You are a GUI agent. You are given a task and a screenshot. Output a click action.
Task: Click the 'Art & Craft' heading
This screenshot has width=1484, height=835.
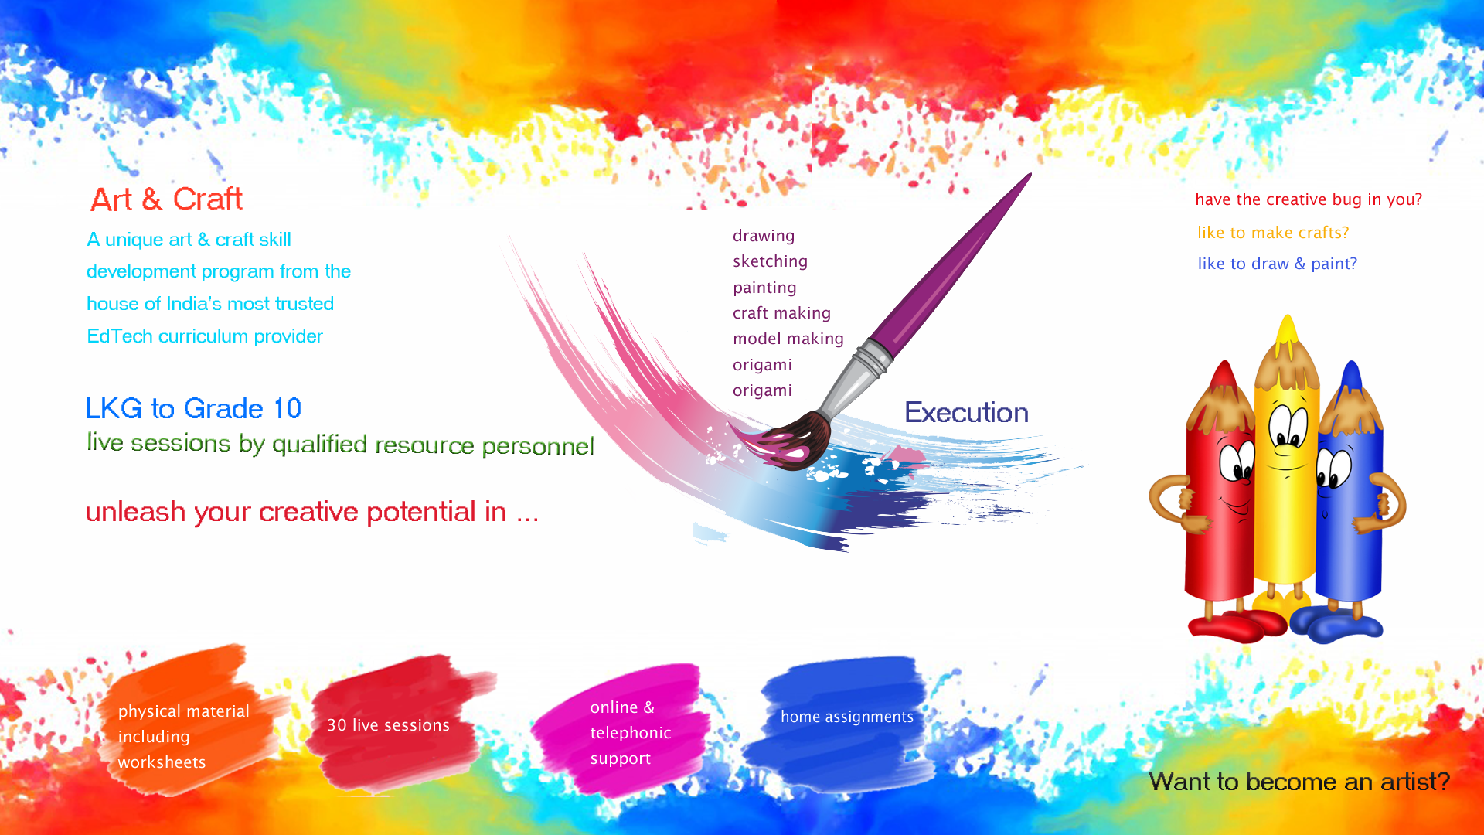[166, 199]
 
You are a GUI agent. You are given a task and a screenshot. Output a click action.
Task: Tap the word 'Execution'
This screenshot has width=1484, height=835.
[966, 413]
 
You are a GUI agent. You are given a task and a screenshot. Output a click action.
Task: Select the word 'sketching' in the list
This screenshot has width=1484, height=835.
[770, 261]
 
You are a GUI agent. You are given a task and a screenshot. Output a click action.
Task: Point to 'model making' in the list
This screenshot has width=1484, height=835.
[788, 339]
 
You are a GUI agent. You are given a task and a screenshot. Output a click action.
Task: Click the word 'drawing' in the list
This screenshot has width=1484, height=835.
[764, 236]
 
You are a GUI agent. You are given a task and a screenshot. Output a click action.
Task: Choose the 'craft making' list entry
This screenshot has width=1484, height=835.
[781, 313]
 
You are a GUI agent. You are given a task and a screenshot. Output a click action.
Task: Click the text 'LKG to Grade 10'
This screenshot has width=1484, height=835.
[193, 408]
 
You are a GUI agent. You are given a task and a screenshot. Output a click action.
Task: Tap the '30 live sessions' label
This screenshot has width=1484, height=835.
[388, 725]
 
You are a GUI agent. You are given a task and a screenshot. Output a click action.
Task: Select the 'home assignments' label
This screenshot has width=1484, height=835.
[847, 717]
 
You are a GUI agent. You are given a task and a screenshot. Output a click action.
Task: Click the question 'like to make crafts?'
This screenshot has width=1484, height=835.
[1273, 233]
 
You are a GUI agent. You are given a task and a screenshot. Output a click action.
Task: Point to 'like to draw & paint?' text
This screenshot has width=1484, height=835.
[1277, 264]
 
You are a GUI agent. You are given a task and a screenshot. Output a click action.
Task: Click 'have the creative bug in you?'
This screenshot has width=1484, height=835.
[1309, 199]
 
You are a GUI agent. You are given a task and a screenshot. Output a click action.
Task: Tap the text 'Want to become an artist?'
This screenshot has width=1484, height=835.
[1299, 782]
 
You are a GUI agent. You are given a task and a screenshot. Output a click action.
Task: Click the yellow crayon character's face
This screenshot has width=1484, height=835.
[1287, 441]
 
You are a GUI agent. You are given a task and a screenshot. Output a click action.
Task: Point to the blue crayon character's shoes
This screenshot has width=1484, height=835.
[1337, 622]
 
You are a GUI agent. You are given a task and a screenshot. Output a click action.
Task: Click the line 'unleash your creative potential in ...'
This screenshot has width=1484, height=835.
[312, 512]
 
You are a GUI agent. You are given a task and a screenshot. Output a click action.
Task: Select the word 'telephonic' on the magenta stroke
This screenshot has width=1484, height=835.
[631, 733]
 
